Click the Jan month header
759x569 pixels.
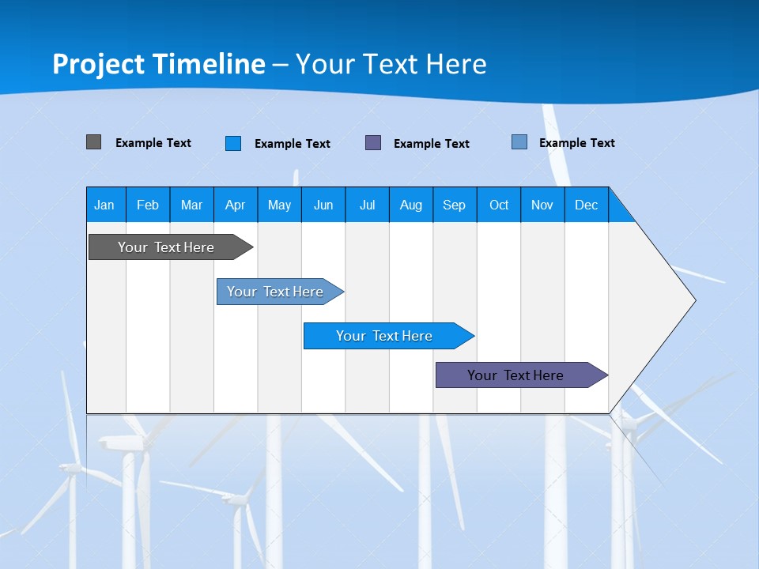[104, 205]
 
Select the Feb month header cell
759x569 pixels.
[148, 205]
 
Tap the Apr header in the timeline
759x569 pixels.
[236, 205]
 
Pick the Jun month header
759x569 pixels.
[323, 205]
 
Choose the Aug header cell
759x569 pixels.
[411, 205]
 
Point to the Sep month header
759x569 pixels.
[455, 205]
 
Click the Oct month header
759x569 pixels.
[499, 205]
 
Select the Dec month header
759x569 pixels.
[587, 205]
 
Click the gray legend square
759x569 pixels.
[93, 142]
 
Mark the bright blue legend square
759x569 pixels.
[233, 143]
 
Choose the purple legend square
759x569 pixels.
[373, 143]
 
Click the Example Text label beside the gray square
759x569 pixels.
[153, 143]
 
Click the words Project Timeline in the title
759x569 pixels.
[159, 64]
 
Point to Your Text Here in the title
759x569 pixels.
[391, 64]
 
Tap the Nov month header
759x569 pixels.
[542, 205]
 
